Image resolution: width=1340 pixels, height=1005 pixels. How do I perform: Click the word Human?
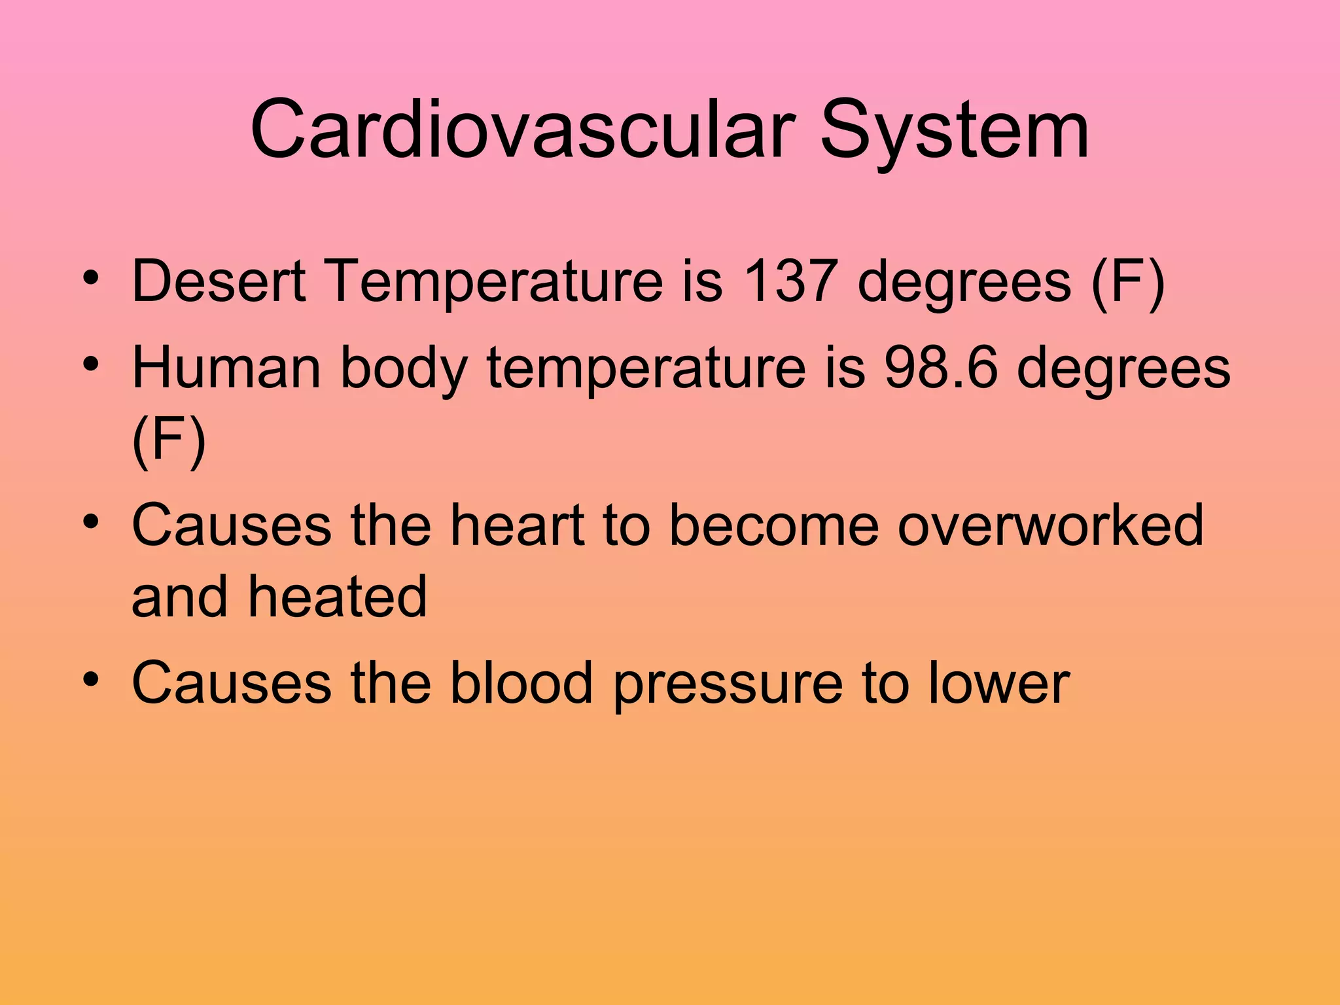[x=226, y=368]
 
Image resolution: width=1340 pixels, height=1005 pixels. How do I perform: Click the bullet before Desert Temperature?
[x=91, y=277]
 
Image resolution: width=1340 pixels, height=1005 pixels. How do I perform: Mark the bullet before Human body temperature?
[x=91, y=363]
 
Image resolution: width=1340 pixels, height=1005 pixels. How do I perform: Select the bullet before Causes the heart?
[x=91, y=521]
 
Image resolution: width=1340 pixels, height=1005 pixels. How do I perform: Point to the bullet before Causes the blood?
[x=91, y=679]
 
